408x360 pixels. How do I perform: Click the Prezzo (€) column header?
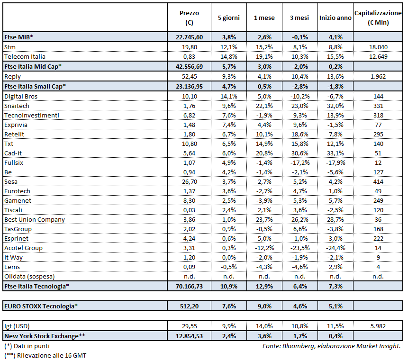click(x=190, y=18)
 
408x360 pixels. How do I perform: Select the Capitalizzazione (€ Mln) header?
click(x=378, y=18)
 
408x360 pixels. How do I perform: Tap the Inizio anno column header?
click(x=335, y=18)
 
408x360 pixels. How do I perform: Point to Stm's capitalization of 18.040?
click(x=378, y=47)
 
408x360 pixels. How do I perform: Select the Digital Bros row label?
click(x=20, y=96)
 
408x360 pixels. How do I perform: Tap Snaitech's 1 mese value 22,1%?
click(x=264, y=106)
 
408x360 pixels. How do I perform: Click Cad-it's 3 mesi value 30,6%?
click(x=299, y=153)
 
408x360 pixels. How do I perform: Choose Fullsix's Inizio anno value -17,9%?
click(x=335, y=162)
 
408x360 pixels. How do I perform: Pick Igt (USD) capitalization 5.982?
click(x=378, y=326)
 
